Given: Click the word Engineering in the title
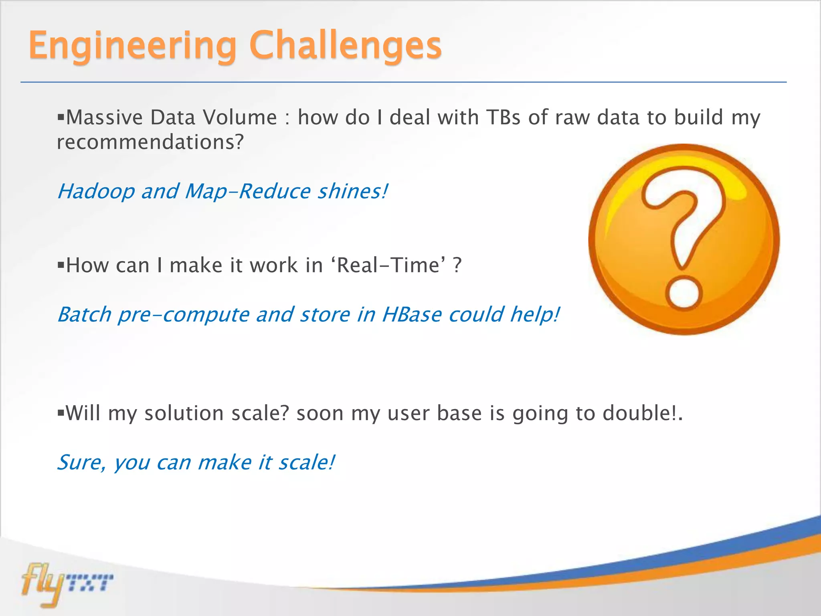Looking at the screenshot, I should tap(132, 46).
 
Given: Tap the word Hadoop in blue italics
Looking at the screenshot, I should tap(96, 191).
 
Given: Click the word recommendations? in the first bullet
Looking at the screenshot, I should tap(150, 142).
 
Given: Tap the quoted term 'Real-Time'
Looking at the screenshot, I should tap(388, 265).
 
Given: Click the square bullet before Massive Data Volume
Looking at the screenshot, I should tap(61, 117).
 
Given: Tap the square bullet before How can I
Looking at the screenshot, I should tap(61, 265).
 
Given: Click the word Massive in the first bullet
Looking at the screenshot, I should tap(105, 118).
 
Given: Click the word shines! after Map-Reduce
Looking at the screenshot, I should tap(353, 191).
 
